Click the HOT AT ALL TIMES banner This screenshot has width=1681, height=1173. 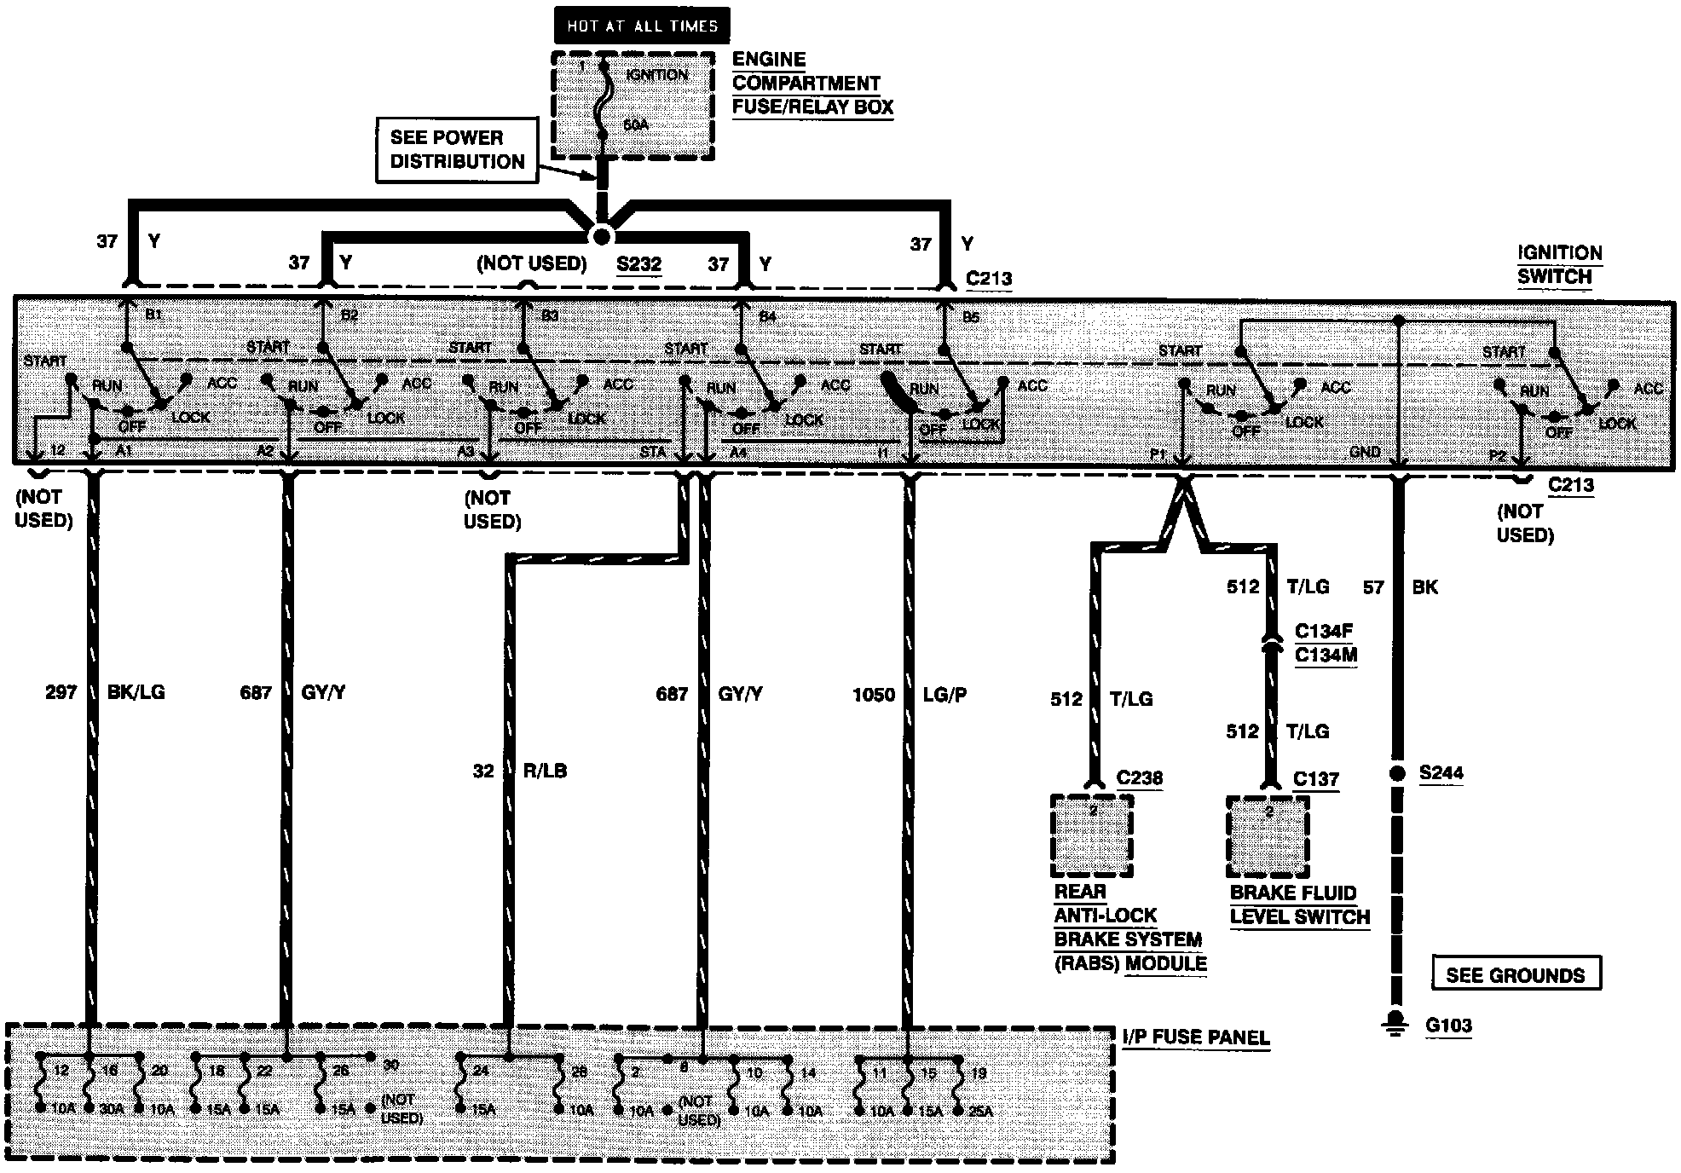642,26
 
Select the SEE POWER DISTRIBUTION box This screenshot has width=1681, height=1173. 457,150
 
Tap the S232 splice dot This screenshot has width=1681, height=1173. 602,236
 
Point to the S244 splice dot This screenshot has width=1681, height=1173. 1396,773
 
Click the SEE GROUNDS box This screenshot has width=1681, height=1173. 1515,975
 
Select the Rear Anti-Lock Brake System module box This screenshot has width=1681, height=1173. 1092,835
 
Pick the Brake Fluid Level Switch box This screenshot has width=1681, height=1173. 1268,836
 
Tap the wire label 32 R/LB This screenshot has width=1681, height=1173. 520,771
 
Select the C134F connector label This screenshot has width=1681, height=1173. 1324,632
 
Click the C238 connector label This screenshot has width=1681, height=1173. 1140,778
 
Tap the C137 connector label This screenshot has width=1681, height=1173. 1316,779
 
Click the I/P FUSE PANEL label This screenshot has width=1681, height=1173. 1195,1037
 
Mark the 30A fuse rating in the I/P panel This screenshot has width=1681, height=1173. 112,1109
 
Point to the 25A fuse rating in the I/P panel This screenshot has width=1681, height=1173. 980,1111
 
